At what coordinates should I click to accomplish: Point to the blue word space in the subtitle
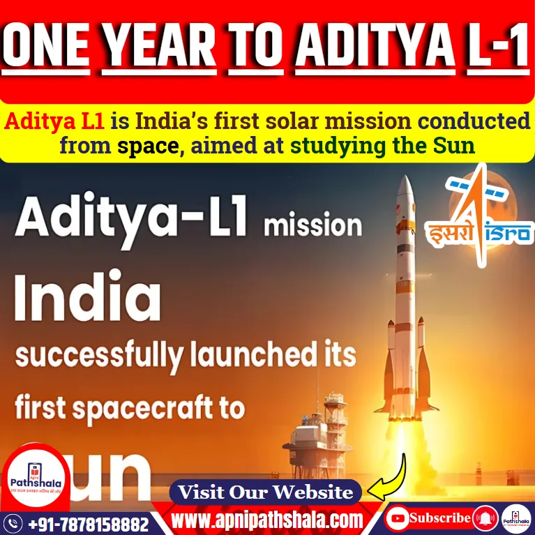coord(144,146)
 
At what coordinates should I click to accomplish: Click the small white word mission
coord(312,227)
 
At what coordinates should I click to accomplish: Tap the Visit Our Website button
coord(266,492)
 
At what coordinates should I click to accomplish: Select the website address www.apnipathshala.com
coord(268,520)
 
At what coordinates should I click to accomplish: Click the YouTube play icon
coord(398,518)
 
